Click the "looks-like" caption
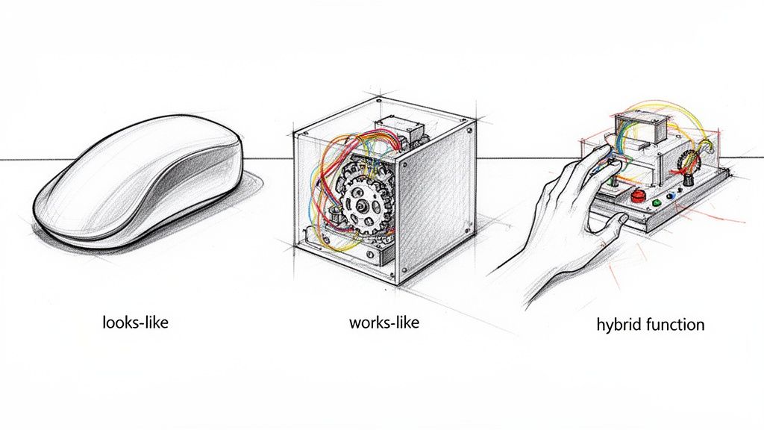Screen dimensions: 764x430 point(136,322)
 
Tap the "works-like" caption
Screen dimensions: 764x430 point(384,322)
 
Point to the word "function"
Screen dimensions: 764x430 point(675,324)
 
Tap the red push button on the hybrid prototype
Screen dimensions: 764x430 point(637,196)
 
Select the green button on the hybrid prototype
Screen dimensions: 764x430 point(657,202)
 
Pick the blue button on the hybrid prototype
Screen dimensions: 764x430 point(671,196)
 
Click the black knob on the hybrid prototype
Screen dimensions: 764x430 point(689,180)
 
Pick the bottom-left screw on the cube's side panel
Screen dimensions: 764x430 point(404,271)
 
